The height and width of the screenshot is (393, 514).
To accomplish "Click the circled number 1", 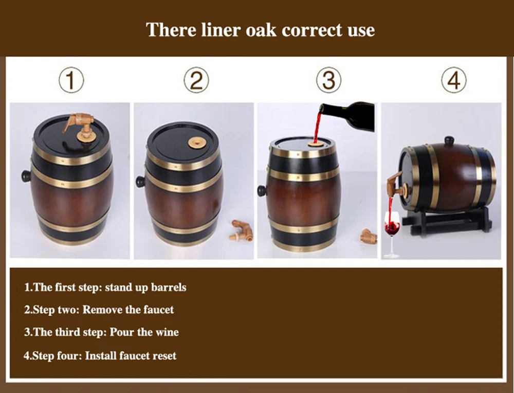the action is (x=71, y=80).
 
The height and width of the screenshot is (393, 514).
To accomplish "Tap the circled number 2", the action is (x=196, y=80).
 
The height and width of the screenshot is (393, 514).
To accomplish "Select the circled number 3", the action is (x=329, y=80).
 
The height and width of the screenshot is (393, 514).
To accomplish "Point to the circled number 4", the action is (x=454, y=80).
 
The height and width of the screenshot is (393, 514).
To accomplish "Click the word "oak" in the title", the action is (x=261, y=30).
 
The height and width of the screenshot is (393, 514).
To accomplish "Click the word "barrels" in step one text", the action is (x=169, y=288).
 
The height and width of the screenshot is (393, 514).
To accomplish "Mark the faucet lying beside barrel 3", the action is (x=369, y=236).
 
